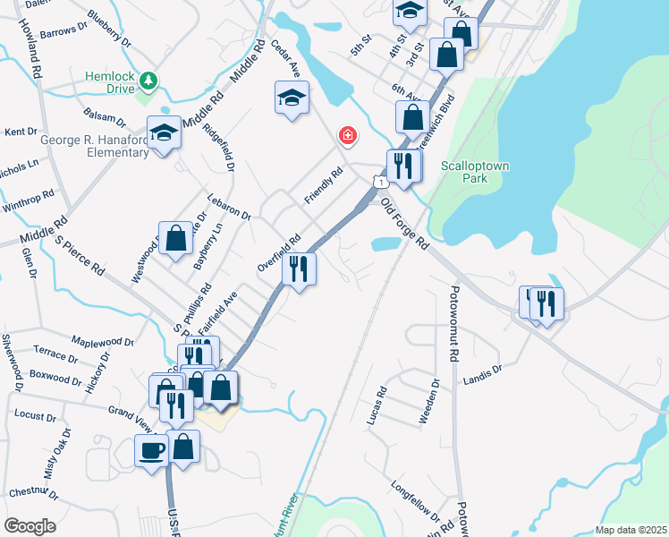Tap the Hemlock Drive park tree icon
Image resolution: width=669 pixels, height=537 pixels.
[x=148, y=82]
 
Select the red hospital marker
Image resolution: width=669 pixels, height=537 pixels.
[x=346, y=136]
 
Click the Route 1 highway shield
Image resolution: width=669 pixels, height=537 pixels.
[x=382, y=183]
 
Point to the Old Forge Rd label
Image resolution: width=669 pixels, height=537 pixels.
[x=405, y=224]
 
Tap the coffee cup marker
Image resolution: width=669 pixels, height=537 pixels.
[x=151, y=448]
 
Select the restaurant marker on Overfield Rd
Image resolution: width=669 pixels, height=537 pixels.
[x=299, y=268]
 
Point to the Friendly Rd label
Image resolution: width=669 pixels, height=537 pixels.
[x=323, y=186]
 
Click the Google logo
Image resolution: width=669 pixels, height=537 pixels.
[x=29, y=525]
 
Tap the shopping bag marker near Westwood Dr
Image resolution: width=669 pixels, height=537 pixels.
[x=176, y=239]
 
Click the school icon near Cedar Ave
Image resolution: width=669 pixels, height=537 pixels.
[x=292, y=98]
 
